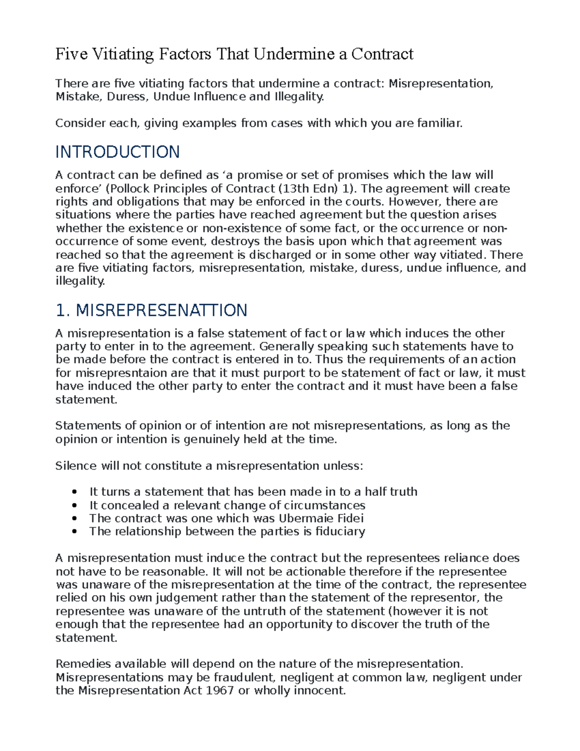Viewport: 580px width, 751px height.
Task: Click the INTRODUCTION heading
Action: [x=117, y=152]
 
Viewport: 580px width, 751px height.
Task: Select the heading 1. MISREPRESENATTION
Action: [x=151, y=310]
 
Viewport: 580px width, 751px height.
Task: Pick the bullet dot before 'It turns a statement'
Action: [x=74, y=492]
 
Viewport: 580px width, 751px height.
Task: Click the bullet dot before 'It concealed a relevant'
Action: [x=74, y=505]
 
